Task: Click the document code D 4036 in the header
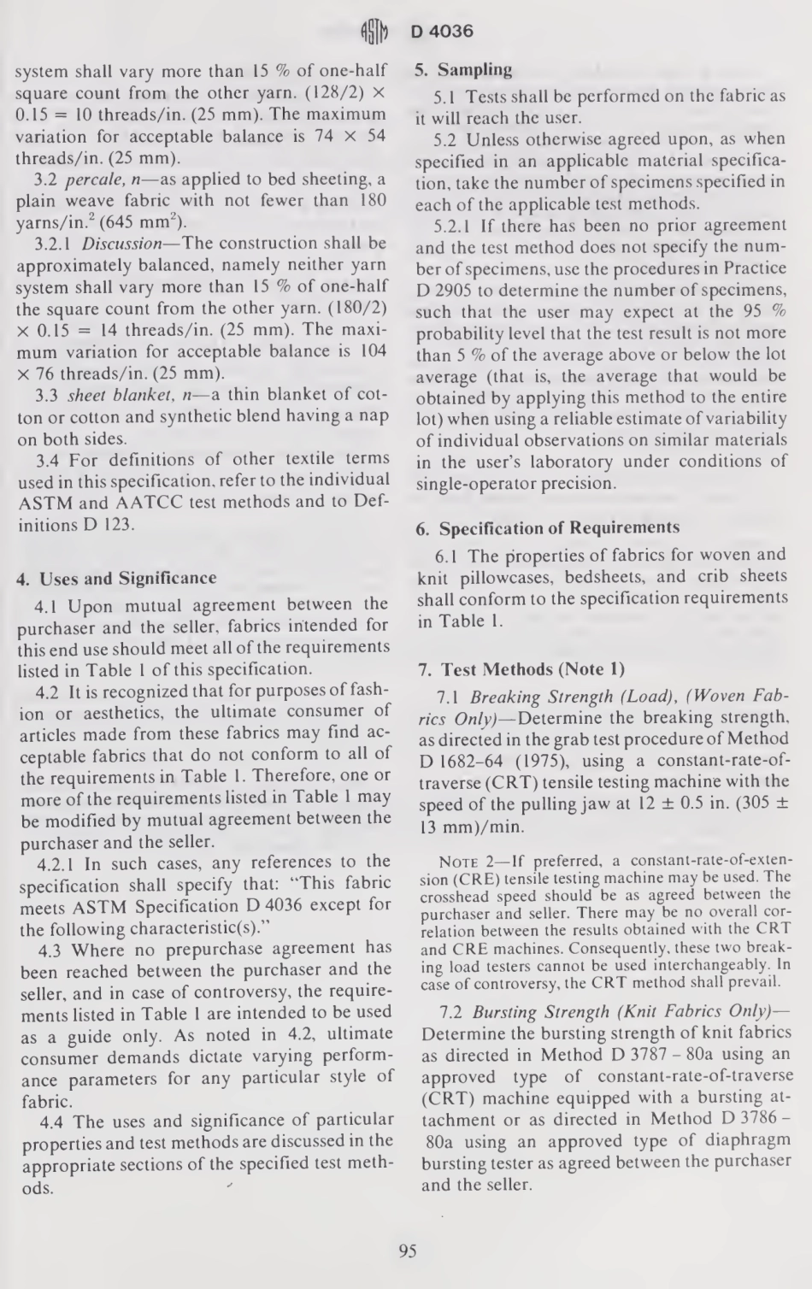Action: (442, 32)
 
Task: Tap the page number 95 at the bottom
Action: (407, 1251)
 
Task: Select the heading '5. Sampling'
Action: (464, 70)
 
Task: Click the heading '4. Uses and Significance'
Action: (117, 579)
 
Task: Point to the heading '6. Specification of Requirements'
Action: (548, 528)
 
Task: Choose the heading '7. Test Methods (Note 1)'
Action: (521, 669)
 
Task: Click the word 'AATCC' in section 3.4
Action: (182, 503)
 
